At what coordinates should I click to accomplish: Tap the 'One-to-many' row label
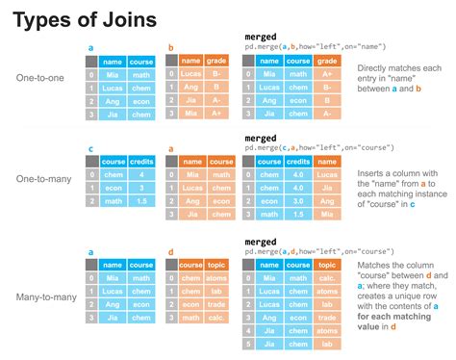(39, 178)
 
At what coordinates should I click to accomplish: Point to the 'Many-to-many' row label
(41, 272)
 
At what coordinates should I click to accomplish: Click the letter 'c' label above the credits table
(89, 148)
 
